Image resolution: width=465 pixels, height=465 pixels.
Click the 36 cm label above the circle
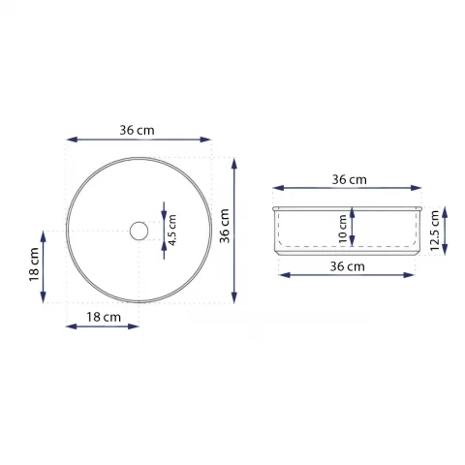[x=137, y=130]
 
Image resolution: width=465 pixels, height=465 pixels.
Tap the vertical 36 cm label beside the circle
[x=224, y=226]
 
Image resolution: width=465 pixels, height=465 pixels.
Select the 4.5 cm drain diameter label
[x=172, y=230]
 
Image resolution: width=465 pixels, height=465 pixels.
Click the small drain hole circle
[x=139, y=231]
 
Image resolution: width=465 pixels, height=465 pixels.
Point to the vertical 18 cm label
[x=34, y=264]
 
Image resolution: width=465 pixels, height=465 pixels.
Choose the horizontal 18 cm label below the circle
[x=104, y=317]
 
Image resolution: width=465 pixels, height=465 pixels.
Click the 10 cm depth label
[x=342, y=229]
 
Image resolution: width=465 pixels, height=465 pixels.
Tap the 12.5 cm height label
[x=435, y=231]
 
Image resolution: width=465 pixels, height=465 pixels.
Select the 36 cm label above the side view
[x=350, y=179]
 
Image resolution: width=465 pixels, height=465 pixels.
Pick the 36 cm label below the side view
[x=348, y=266]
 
